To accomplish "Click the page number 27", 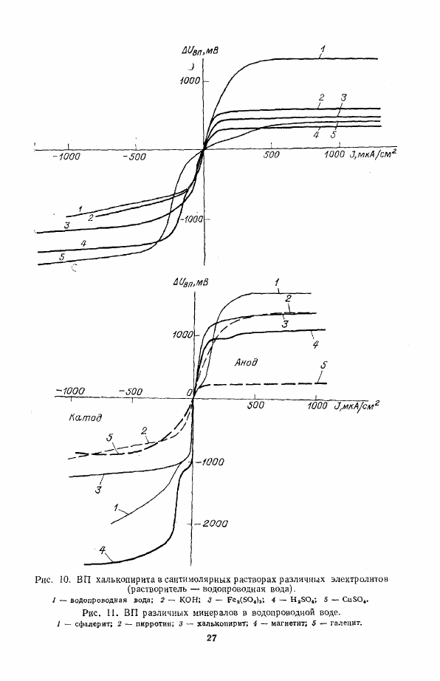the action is pos(211,638).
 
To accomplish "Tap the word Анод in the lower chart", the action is pos(246,362).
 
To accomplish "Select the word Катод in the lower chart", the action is pos(85,418).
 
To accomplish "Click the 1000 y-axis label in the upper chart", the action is pos(190,81).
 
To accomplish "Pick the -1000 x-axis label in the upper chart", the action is pos(66,157).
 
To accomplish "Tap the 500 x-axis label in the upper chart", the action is pos(271,154).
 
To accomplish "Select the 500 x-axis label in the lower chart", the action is pos(255,405).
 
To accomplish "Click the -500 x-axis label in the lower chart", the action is pos(129,391).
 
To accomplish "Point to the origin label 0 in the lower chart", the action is pos(189,393).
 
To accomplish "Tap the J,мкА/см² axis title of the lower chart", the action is pos(357,405).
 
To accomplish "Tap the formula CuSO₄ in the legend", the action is pos(355,600).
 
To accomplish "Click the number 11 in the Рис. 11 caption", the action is pos(111,613).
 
